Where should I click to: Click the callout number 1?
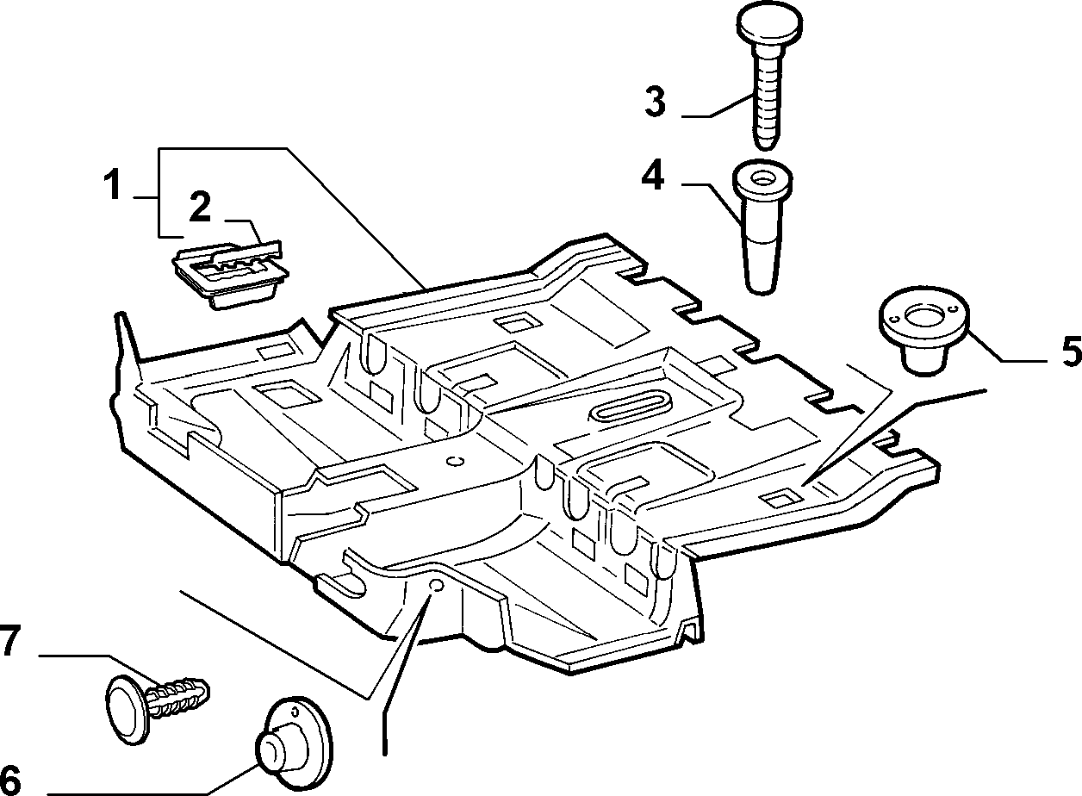(113, 184)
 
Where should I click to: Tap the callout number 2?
(200, 207)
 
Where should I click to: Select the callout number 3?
(655, 102)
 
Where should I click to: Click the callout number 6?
(10, 780)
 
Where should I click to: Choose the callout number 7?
(9, 640)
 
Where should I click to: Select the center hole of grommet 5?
(923, 317)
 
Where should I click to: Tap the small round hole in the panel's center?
(456, 461)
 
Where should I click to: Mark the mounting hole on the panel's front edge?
(437, 586)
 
